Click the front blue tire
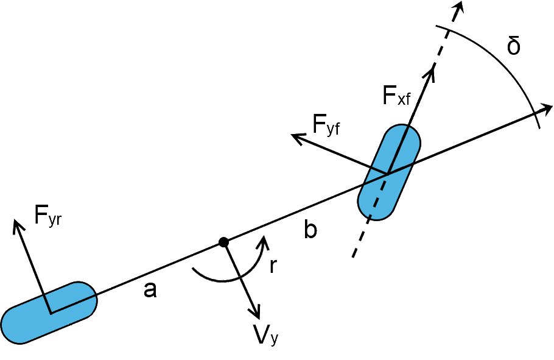(390, 172)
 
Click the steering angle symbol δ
(514, 47)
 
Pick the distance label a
(150, 291)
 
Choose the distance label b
(310, 231)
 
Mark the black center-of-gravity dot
(223, 242)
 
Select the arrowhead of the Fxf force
(433, 70)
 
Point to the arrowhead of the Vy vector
(256, 313)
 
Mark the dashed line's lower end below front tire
(353, 256)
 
